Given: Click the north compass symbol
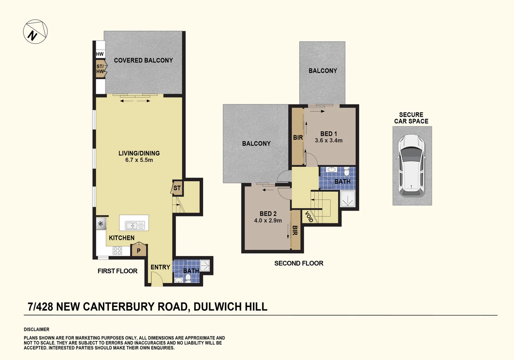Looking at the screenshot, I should coord(35,32).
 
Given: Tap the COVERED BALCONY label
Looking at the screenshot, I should coord(143,60).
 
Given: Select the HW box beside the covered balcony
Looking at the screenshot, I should coord(100,54).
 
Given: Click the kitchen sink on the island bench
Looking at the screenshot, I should coord(134,226).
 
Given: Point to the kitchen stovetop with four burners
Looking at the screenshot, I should coord(117,251).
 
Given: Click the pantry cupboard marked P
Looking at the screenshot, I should coord(139,250).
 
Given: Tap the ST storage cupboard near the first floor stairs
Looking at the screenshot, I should coord(177,188).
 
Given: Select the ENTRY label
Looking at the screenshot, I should coord(160,267).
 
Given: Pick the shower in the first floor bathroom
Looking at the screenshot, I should coord(205,265).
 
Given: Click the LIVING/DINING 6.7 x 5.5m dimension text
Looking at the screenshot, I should coord(139,160).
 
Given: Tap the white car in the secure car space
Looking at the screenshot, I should coord(412,165).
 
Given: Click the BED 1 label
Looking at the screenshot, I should coord(329,134).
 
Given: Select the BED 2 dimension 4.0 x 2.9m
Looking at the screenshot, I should coord(268,220).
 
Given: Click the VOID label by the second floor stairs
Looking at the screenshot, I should coord(309,217).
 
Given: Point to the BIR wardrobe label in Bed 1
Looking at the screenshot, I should coord(298,137).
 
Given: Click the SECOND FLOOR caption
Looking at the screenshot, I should coord(299,263).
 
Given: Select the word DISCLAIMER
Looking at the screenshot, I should coord(36,329).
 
